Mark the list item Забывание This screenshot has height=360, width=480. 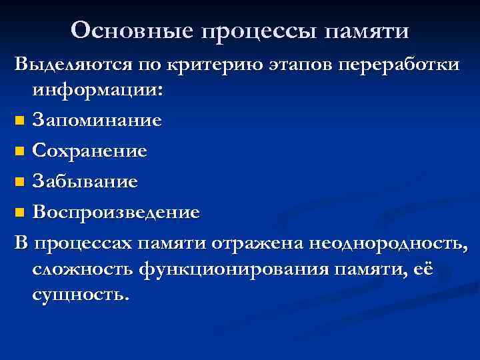pos(85,182)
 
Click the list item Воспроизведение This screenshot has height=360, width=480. pos(116,213)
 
